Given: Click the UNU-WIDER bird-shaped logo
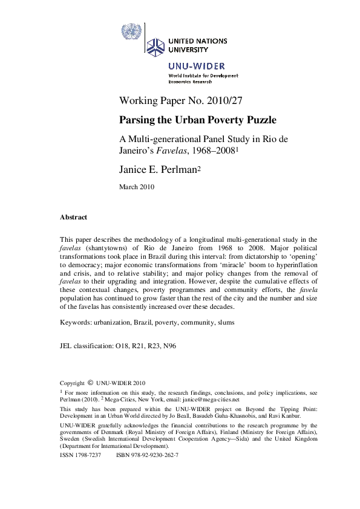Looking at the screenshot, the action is point(155,45).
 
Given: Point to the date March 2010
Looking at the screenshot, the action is point(137,187).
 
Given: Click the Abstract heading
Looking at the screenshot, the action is point(73,217).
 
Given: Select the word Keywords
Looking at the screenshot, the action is point(76,322).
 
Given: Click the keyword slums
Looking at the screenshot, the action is point(223,322).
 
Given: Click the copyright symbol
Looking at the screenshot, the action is point(90,383).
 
